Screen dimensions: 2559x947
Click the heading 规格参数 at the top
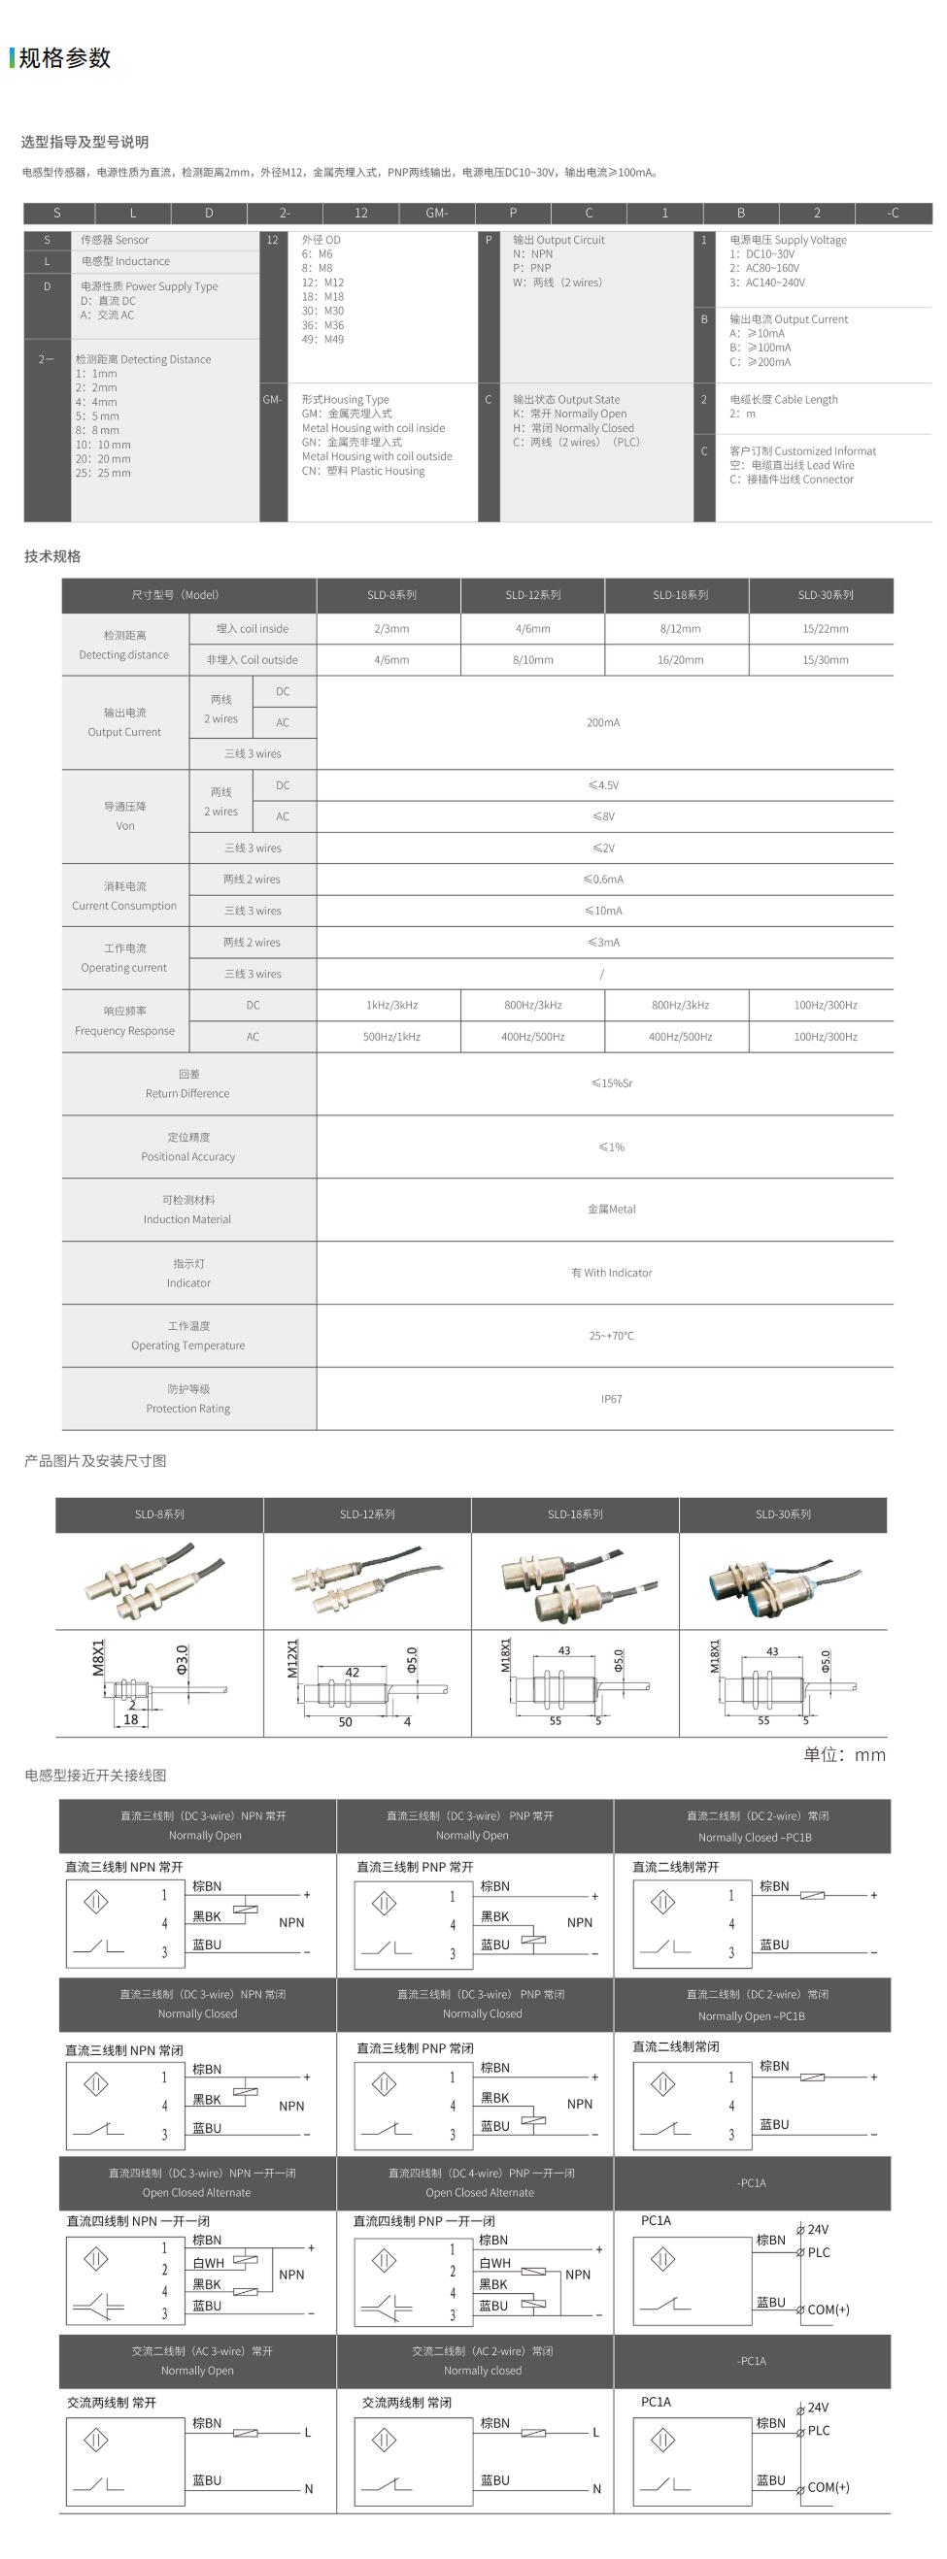pos(65,58)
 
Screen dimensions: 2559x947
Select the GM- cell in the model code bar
pos(436,213)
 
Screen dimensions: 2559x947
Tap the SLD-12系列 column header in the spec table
pos(532,595)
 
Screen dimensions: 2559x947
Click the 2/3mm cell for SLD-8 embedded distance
pos(391,629)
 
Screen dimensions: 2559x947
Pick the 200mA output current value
pos(603,722)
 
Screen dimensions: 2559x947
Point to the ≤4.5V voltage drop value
pos(603,784)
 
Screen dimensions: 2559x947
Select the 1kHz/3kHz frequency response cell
pos(391,1006)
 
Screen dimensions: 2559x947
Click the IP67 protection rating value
pos(611,1399)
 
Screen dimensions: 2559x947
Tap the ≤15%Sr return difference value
pos(611,1082)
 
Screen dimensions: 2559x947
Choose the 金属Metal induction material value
pos(611,1209)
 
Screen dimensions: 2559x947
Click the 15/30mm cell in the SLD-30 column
pos(825,659)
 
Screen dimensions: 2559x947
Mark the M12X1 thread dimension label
pos(293,1658)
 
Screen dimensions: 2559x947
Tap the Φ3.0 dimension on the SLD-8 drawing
pos(182,1658)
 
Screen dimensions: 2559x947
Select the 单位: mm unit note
pos(844,1754)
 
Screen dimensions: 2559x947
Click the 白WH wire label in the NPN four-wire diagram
pos(209,2263)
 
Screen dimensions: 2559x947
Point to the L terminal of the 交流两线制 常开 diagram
pos(308,2432)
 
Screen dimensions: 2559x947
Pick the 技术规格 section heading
pos(52,556)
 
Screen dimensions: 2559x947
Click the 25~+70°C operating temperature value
pos(611,1336)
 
